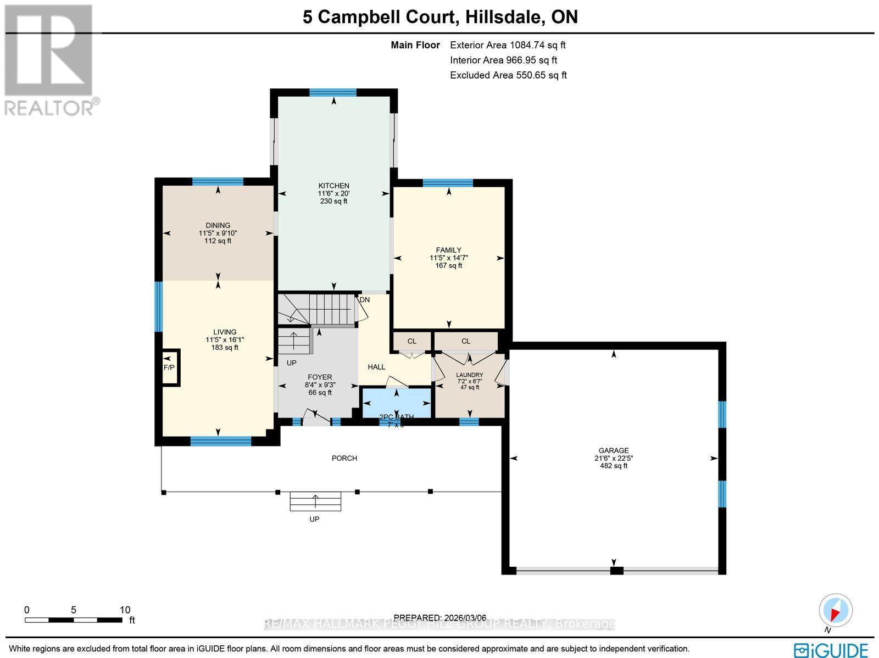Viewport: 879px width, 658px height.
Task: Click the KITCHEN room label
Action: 333,186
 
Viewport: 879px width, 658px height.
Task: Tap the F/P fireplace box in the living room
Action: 169,367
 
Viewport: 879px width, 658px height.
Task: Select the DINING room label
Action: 218,225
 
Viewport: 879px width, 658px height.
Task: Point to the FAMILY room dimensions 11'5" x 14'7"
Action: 449,258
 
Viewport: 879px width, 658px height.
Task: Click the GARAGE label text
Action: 614,450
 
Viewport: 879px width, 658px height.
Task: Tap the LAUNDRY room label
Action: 470,375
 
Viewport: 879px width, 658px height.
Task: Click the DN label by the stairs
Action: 365,300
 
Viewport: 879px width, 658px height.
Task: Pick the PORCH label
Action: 344,458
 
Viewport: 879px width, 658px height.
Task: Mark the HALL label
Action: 376,367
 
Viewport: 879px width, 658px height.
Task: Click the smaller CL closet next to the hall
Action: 412,341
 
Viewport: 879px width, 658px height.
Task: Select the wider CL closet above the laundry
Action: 466,341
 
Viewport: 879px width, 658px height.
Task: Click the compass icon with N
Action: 836,611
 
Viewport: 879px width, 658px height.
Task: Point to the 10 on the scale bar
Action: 125,610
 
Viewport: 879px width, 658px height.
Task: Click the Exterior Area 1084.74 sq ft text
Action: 508,46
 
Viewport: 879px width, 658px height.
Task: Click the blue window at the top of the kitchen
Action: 333,92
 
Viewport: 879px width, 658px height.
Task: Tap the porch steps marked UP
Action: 315,501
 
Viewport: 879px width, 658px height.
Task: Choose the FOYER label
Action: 320,377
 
